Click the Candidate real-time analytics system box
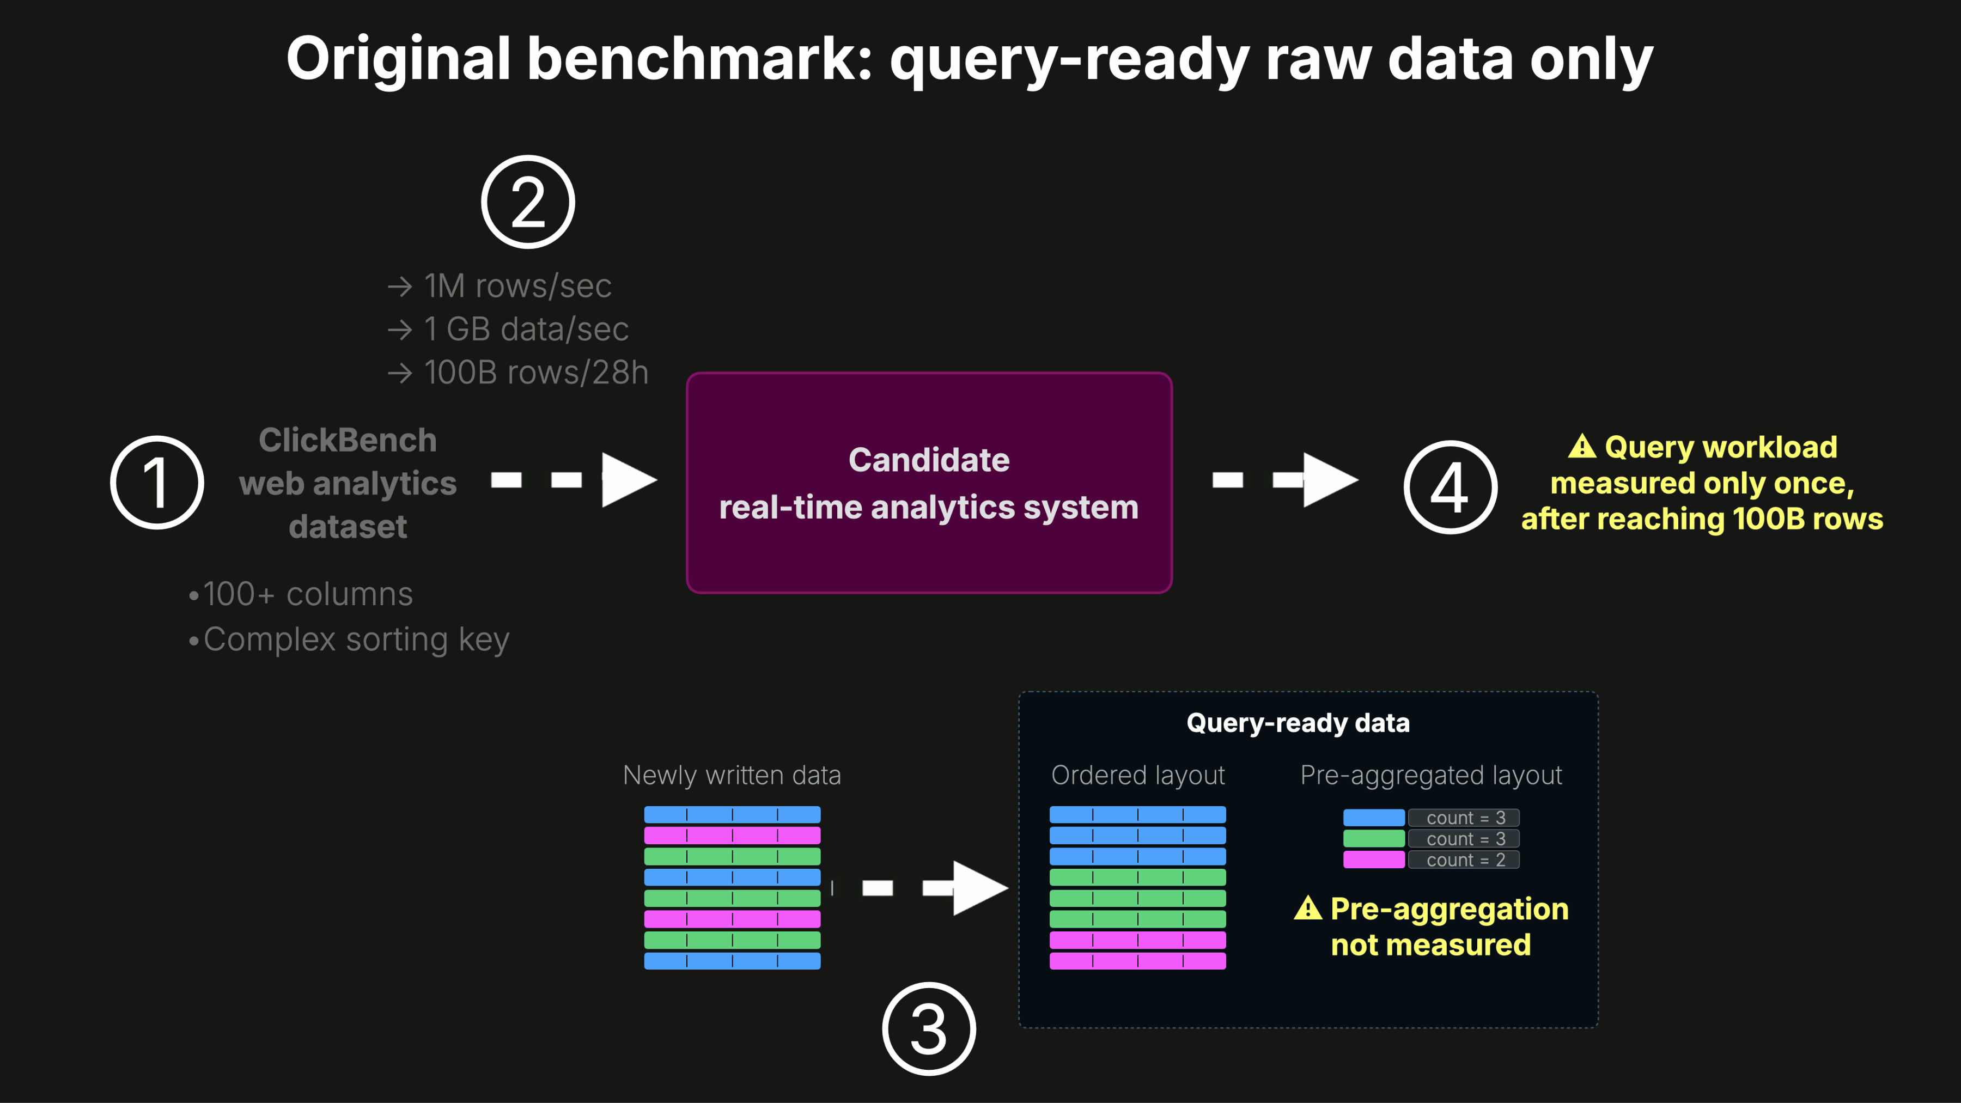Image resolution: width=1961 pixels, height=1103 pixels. coord(929,483)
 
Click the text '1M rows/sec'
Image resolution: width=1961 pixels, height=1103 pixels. coord(517,286)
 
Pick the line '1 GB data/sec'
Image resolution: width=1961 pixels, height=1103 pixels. coord(526,330)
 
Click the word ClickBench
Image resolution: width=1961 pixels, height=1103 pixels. coord(348,440)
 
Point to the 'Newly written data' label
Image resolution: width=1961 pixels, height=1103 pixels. coord(732,775)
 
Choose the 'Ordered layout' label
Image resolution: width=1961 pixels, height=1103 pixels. coord(1138,775)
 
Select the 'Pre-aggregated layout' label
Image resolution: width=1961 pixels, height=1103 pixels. coord(1431,775)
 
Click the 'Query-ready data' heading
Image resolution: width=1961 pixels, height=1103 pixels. coord(1298,722)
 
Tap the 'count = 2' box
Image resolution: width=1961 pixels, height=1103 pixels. coord(1463,860)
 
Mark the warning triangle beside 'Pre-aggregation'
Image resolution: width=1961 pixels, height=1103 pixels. coord(1308,908)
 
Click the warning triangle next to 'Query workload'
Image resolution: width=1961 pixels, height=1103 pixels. coord(1582,446)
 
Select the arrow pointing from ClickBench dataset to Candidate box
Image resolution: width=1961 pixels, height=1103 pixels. coord(574,479)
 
